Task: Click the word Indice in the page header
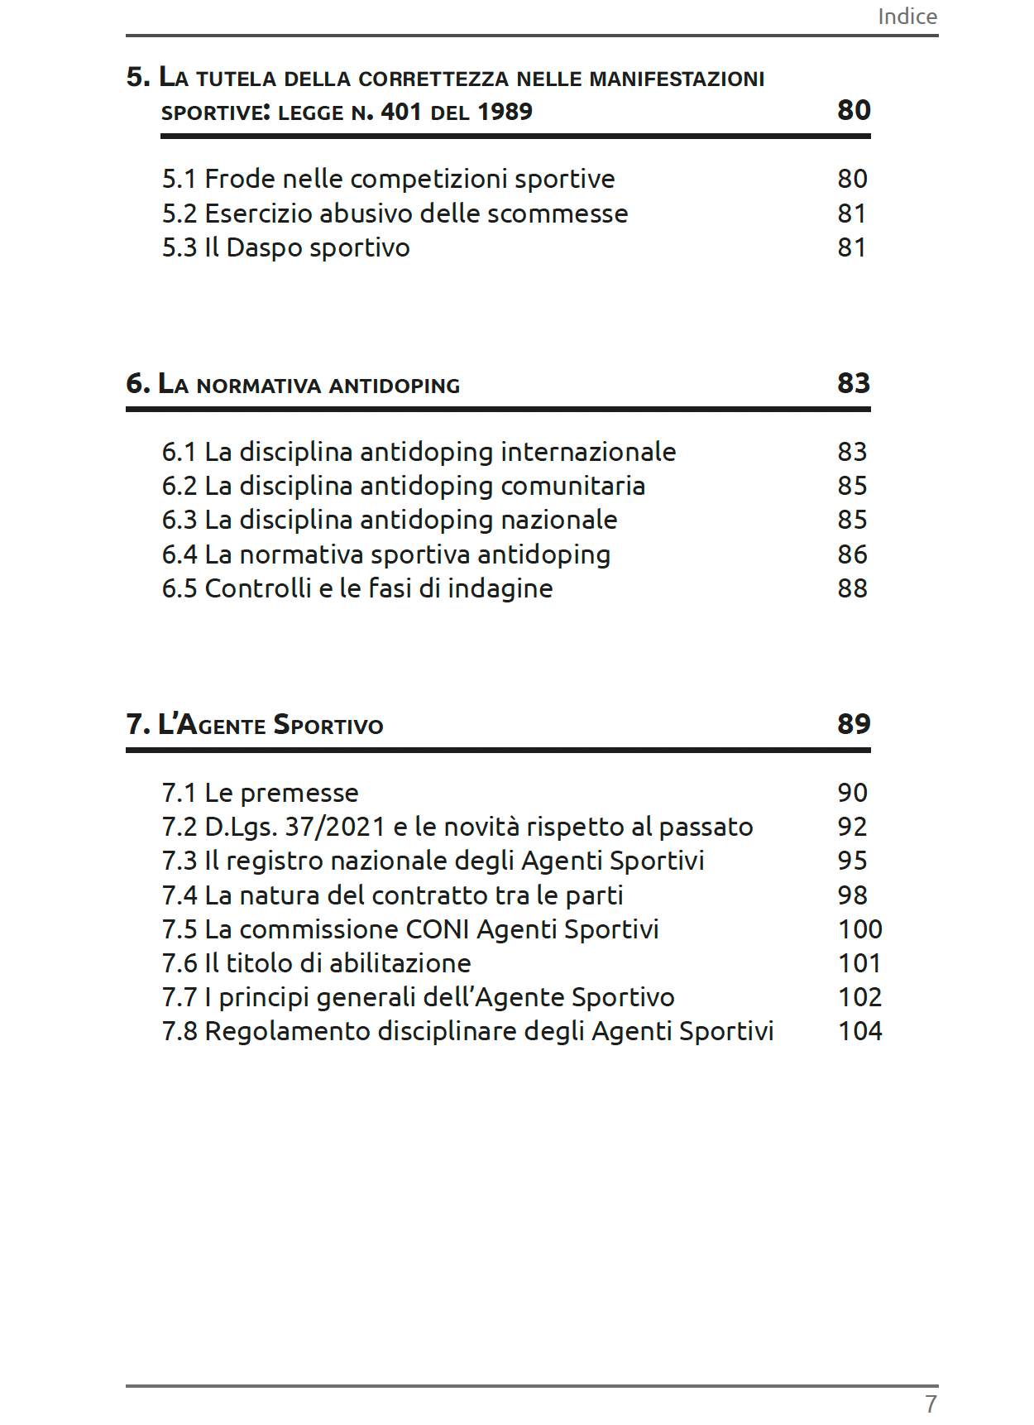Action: pos(907,17)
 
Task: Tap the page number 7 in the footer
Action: pos(931,1403)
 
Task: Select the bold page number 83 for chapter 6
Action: pos(854,383)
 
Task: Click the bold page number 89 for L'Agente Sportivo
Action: pos(854,724)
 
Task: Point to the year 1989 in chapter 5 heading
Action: pos(505,112)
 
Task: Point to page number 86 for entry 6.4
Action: pos(852,554)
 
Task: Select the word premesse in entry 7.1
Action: pos(299,793)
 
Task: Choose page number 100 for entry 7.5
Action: pos(859,929)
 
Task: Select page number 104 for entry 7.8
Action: pos(859,1031)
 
